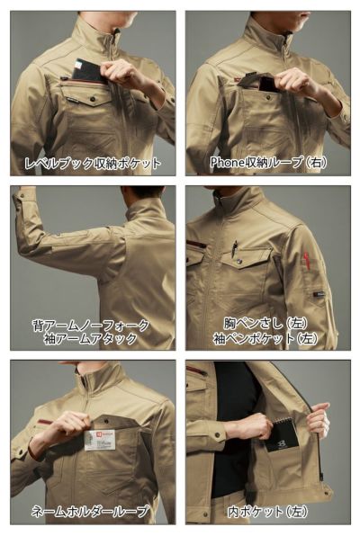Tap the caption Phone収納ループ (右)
coord(267,163)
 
